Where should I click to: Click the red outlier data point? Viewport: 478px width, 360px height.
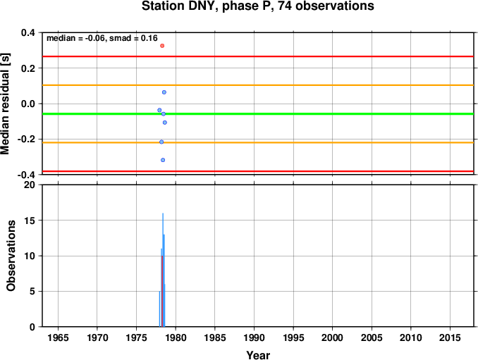pyautogui.click(x=162, y=46)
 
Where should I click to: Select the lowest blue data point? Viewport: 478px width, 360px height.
pyautogui.click(x=163, y=160)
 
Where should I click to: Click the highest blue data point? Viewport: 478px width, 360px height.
pyautogui.click(x=164, y=92)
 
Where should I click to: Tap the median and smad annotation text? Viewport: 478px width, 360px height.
pyautogui.click(x=102, y=38)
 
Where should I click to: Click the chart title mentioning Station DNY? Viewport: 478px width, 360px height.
pyautogui.click(x=257, y=6)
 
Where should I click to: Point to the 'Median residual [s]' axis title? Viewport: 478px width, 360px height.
pyautogui.click(x=5, y=104)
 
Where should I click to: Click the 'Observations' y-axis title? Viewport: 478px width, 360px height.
pyautogui.click(x=11, y=256)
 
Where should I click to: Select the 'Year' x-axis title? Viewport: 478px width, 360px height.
pyautogui.click(x=258, y=355)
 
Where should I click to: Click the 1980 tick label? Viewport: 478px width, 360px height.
pyautogui.click(x=176, y=337)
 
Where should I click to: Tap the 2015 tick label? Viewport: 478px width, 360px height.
pyautogui.click(x=450, y=337)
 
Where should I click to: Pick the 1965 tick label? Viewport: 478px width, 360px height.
pyautogui.click(x=58, y=337)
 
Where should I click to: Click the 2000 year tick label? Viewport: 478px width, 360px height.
pyautogui.click(x=332, y=337)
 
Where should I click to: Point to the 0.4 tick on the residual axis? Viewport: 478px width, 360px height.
pyautogui.click(x=28, y=32)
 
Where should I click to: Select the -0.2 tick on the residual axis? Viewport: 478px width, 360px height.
pyautogui.click(x=26, y=139)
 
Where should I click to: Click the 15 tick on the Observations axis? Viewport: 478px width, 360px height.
pyautogui.click(x=30, y=221)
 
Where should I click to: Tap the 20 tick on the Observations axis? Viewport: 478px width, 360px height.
pyautogui.click(x=30, y=185)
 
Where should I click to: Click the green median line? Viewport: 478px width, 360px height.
pyautogui.click(x=258, y=114)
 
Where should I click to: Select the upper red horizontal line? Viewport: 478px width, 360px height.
pyautogui.click(x=258, y=56)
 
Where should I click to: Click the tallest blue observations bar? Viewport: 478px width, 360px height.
pyautogui.click(x=163, y=270)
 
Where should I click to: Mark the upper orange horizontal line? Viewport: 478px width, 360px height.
pyautogui.click(x=258, y=85)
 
